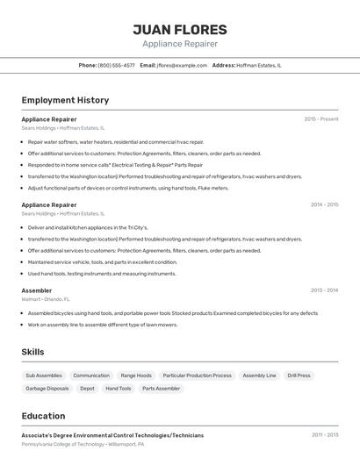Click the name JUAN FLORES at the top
click(180, 30)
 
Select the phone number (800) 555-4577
click(116, 65)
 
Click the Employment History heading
click(65, 100)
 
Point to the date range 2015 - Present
click(320, 118)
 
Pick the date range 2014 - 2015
click(324, 204)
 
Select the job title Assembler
click(37, 290)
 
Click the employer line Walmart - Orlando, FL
click(46, 299)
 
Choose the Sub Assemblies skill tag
click(43, 376)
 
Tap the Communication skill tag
click(91, 376)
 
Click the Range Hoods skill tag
click(136, 376)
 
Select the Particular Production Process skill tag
click(197, 376)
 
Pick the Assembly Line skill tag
click(259, 376)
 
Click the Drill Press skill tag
click(299, 376)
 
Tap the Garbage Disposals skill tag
click(47, 389)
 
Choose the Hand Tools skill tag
click(119, 389)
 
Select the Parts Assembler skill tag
click(161, 389)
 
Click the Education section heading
click(43, 416)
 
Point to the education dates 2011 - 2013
click(324, 434)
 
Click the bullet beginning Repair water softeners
click(115, 141)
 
